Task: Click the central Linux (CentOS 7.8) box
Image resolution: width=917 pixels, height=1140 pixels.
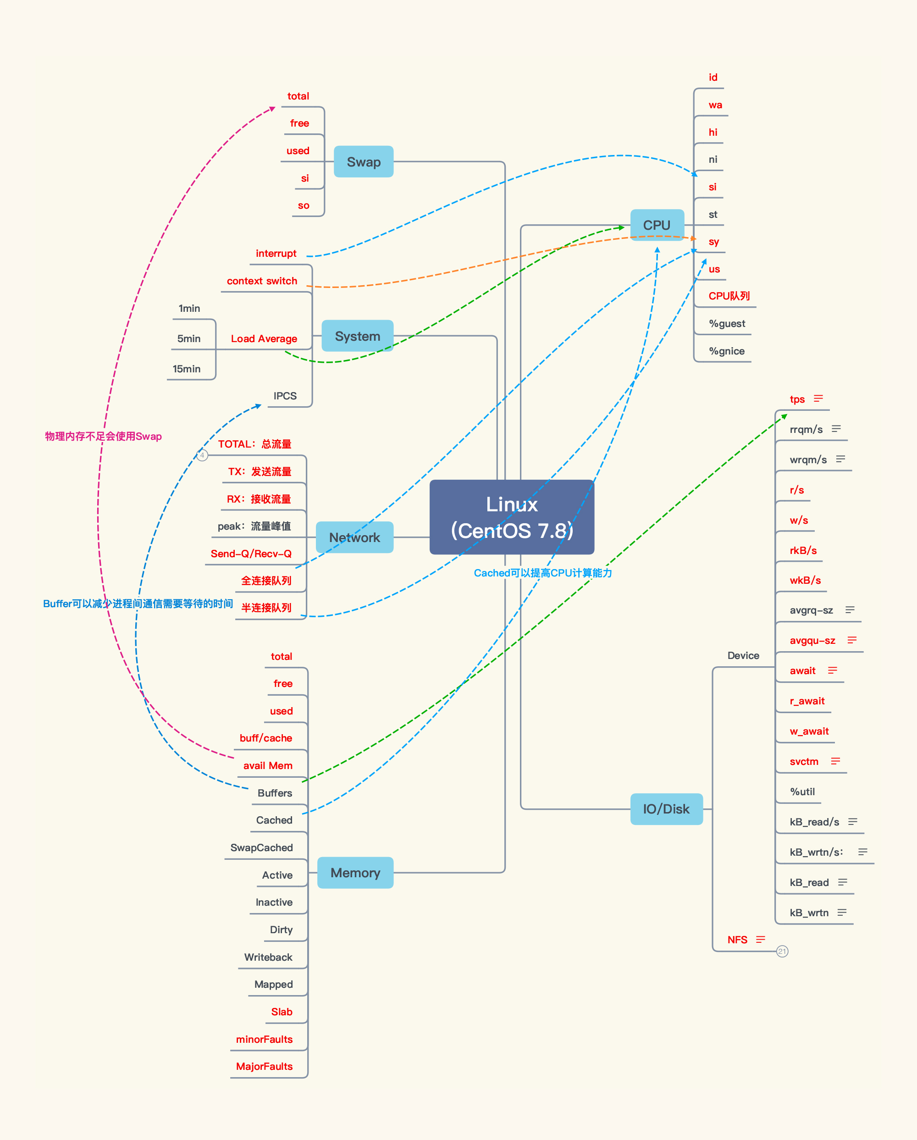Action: click(512, 517)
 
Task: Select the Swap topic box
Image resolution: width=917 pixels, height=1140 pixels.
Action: click(364, 162)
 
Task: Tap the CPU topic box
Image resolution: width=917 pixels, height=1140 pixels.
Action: click(657, 225)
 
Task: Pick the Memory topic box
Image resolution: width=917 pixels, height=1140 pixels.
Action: click(355, 873)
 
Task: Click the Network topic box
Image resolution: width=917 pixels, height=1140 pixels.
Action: click(354, 538)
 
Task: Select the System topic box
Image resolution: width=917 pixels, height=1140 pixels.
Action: click(357, 336)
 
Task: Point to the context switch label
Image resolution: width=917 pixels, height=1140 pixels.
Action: click(262, 281)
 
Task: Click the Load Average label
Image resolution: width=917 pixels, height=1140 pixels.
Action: click(264, 339)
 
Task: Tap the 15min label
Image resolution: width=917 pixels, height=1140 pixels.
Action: click(187, 369)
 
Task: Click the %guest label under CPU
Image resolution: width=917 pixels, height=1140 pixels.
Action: click(727, 324)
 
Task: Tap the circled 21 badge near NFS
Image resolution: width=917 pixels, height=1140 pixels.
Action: click(782, 951)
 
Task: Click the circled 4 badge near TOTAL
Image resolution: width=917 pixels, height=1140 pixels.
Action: click(202, 455)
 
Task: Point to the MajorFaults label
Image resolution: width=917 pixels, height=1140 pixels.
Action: click(264, 1067)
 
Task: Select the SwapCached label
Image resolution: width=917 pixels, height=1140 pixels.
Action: click(262, 847)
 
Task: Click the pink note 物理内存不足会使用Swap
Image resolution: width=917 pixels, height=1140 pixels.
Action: click(104, 437)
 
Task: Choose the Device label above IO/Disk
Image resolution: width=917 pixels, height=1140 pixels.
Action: click(743, 656)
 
